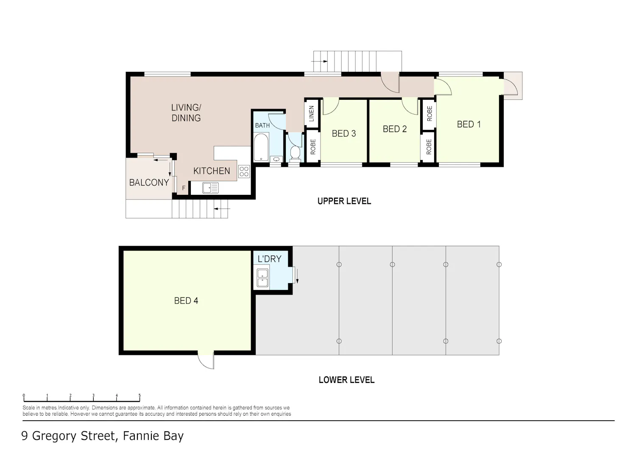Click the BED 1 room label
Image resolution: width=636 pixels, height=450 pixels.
pyautogui.click(x=469, y=124)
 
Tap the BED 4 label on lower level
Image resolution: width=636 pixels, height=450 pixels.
pyautogui.click(x=186, y=301)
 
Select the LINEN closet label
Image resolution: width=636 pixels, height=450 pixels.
pyautogui.click(x=312, y=113)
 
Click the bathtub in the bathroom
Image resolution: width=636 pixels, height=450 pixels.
pyautogui.click(x=261, y=147)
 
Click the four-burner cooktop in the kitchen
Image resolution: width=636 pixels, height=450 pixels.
pyautogui.click(x=244, y=172)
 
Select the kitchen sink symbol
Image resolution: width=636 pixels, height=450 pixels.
pyautogui.click(x=210, y=188)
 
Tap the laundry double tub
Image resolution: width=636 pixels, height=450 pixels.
pyautogui.click(x=262, y=278)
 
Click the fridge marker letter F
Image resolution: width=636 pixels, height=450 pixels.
pyautogui.click(x=184, y=188)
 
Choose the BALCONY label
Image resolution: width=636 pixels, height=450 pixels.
pyautogui.click(x=149, y=183)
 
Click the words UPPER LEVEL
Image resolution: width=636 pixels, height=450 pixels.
pyautogui.click(x=344, y=201)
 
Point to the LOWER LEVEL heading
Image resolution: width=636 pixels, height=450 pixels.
pyautogui.click(x=346, y=380)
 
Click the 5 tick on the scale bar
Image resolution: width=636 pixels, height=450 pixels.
pyautogui.click(x=139, y=395)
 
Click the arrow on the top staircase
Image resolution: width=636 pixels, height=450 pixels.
pyautogui.click(x=319, y=62)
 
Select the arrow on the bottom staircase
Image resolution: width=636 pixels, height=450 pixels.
pyautogui.click(x=222, y=208)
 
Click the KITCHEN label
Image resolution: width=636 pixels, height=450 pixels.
pyautogui.click(x=212, y=171)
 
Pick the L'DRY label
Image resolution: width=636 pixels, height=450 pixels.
pyautogui.click(x=269, y=259)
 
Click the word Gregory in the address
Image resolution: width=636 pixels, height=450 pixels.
pyautogui.click(x=54, y=436)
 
